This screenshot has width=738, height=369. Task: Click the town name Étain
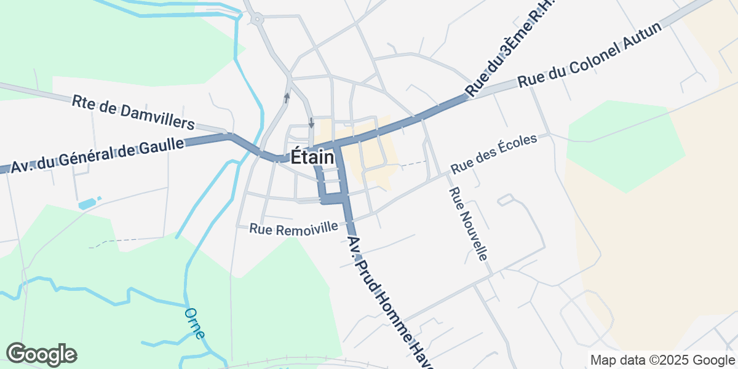pos(312,157)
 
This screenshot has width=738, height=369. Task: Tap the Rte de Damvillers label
pos(133,111)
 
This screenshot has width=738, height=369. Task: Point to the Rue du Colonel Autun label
pos(589,56)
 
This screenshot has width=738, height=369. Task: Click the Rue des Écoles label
pos(494,153)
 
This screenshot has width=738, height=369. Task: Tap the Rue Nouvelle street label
pos(469,224)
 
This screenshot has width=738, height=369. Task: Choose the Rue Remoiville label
pos(293,228)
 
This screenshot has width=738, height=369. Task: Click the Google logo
pos(41,354)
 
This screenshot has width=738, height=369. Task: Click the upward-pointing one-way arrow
pos(287,97)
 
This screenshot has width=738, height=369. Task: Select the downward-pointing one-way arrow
pos(311,122)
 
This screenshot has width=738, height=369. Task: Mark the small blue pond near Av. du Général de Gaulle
pos(87,203)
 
